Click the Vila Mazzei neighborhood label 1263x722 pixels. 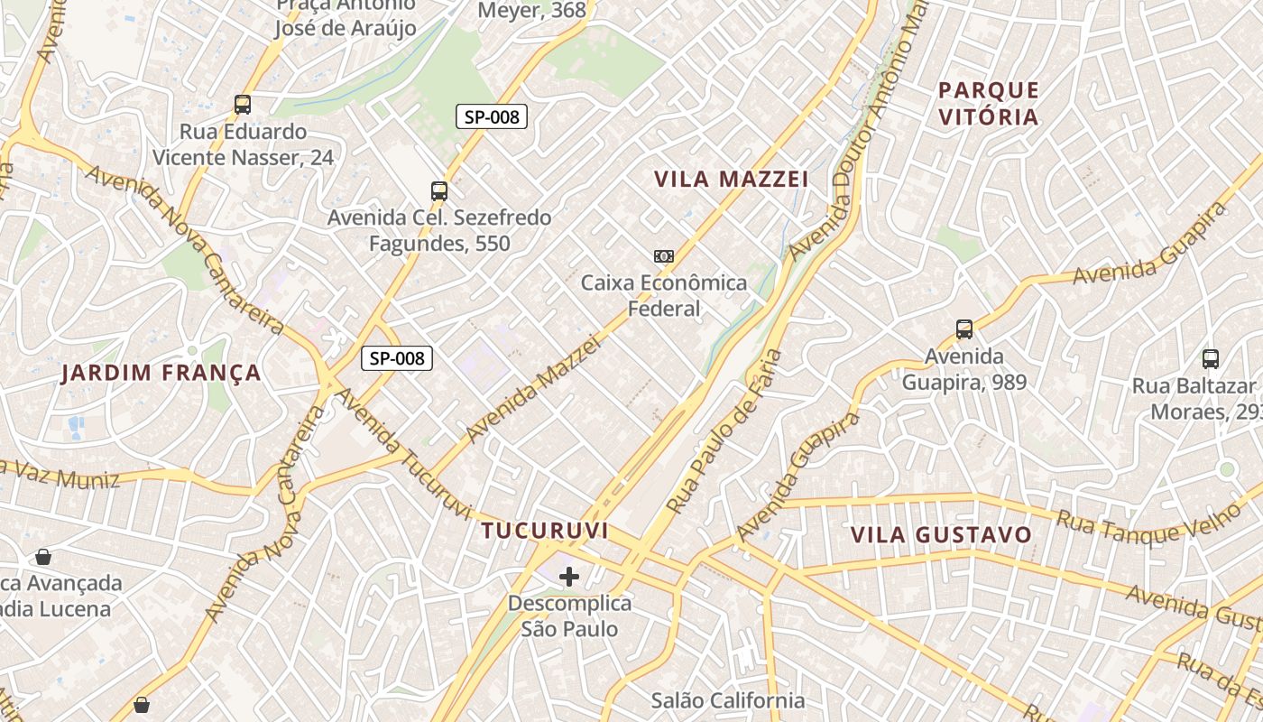click(x=731, y=179)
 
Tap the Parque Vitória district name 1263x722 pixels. click(x=989, y=103)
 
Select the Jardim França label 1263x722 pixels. click(x=161, y=373)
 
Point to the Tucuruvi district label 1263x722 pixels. click(x=544, y=530)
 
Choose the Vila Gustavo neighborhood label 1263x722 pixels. click(x=941, y=534)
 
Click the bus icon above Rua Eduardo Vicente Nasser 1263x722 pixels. click(x=242, y=105)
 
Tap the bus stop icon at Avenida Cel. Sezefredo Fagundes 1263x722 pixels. click(x=439, y=191)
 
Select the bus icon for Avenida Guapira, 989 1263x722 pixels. click(x=964, y=329)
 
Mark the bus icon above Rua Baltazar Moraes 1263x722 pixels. click(x=1211, y=359)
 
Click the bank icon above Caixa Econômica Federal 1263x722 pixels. click(x=663, y=256)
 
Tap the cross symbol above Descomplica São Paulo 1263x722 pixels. click(x=569, y=576)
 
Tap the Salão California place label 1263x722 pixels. click(x=727, y=700)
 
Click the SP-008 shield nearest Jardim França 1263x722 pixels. click(x=397, y=358)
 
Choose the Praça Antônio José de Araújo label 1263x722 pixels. click(x=346, y=16)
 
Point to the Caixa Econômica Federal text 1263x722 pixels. click(x=664, y=295)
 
